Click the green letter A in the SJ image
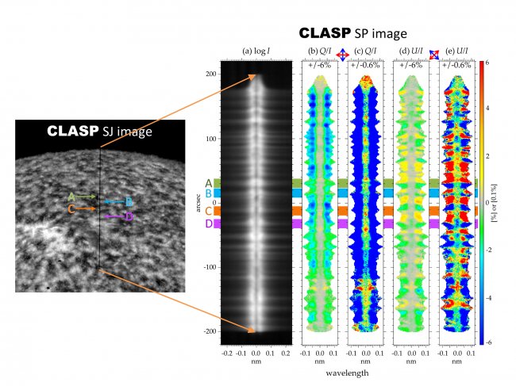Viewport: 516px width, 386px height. tap(71, 196)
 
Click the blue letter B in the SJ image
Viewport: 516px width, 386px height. tap(129, 202)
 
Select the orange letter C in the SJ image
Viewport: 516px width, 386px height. tap(71, 209)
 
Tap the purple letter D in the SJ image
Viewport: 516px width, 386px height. tap(129, 216)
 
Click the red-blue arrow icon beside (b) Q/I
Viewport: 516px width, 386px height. tap(342, 53)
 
